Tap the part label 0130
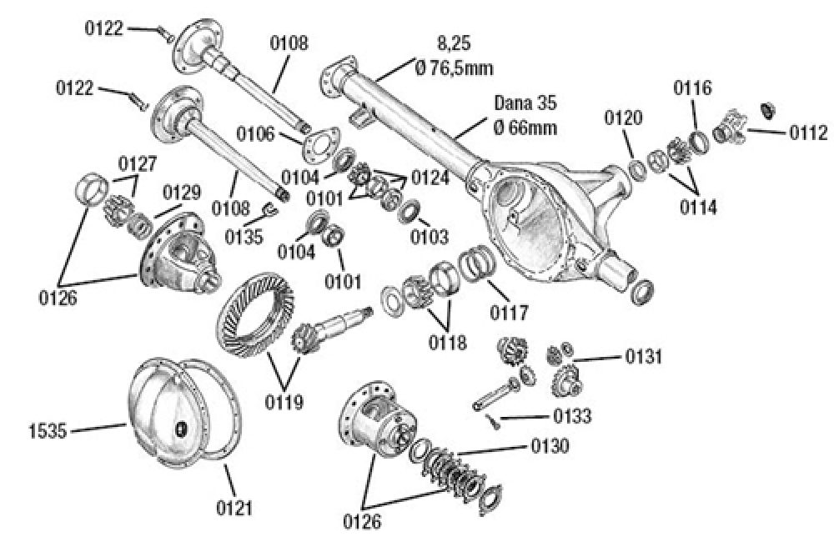(x=549, y=447)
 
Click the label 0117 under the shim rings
(x=509, y=314)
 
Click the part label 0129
(x=181, y=193)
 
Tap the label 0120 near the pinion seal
(x=624, y=118)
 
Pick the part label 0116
(x=693, y=87)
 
